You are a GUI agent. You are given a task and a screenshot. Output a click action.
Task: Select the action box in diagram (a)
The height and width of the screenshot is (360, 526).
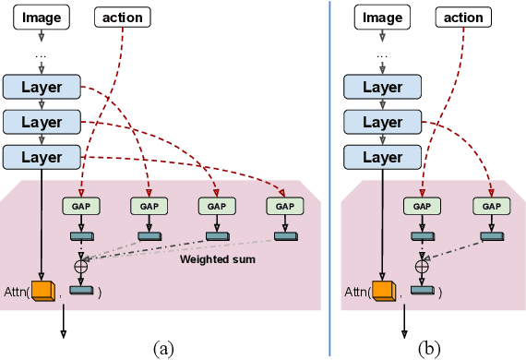(x=121, y=17)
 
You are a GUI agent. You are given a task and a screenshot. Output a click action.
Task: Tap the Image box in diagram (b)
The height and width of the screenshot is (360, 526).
(x=382, y=17)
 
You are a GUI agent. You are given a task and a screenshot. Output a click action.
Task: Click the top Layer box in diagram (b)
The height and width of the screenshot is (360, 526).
(x=382, y=88)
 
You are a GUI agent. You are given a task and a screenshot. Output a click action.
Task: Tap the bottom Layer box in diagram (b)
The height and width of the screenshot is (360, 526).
(x=382, y=156)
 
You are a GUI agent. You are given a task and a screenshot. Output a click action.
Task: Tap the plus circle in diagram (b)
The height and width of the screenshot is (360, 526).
(x=422, y=265)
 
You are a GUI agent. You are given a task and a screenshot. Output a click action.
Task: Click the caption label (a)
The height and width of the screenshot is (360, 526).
(x=162, y=349)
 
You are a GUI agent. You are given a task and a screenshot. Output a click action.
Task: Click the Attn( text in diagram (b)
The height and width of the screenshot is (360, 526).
(x=356, y=292)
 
